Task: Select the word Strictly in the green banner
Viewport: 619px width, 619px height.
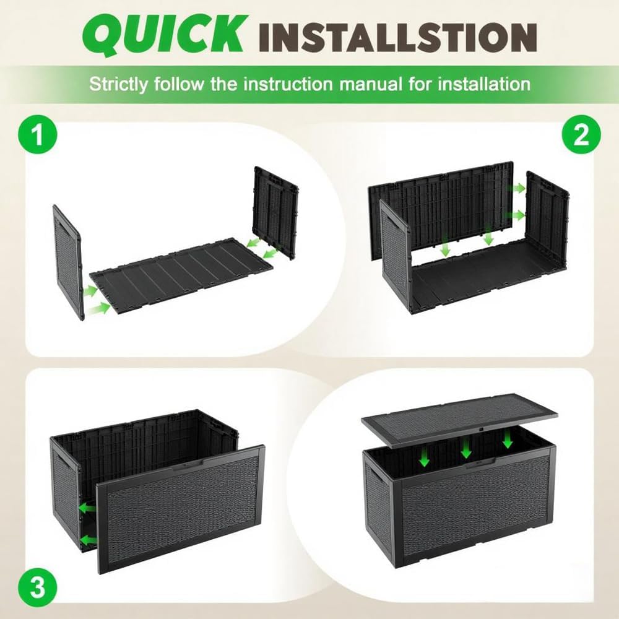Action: click(x=118, y=85)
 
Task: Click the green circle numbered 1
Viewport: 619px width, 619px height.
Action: click(x=38, y=134)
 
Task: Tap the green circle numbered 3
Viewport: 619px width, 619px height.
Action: click(x=38, y=587)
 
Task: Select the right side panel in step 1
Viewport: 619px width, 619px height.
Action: click(x=276, y=213)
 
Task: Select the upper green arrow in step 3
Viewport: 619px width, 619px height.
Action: click(x=87, y=508)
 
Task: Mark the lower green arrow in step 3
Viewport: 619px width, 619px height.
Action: click(x=89, y=540)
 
